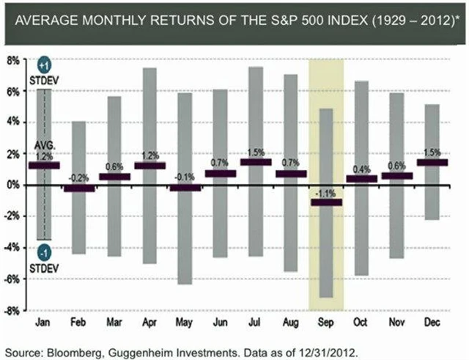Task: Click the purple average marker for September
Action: (x=326, y=202)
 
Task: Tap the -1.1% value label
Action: (x=326, y=192)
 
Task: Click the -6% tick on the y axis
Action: (x=14, y=279)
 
